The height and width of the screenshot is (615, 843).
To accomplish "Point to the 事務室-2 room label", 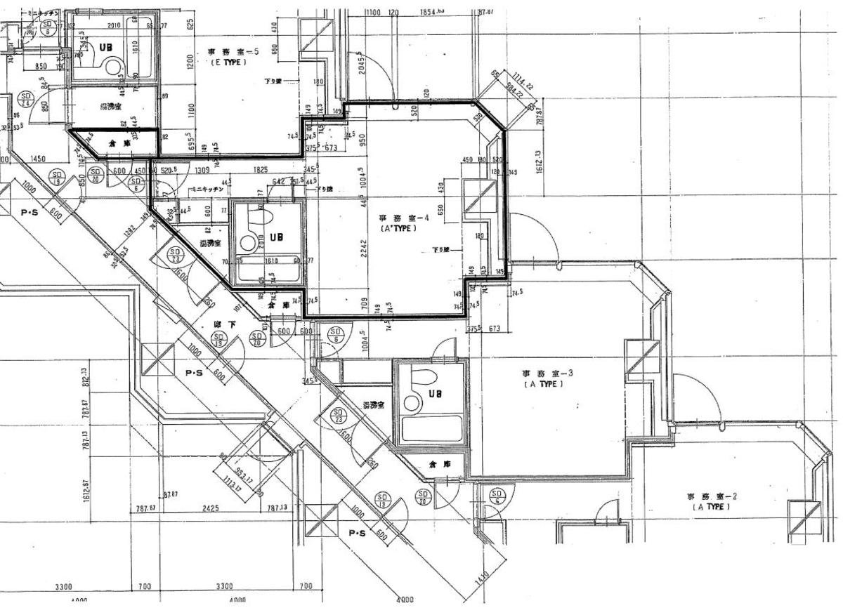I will click(x=712, y=496).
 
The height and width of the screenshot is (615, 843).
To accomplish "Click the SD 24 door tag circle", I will click(x=26, y=98).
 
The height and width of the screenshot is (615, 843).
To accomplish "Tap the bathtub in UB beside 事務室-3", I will click(x=430, y=428).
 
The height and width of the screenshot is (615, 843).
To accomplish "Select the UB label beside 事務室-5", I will click(x=105, y=47).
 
